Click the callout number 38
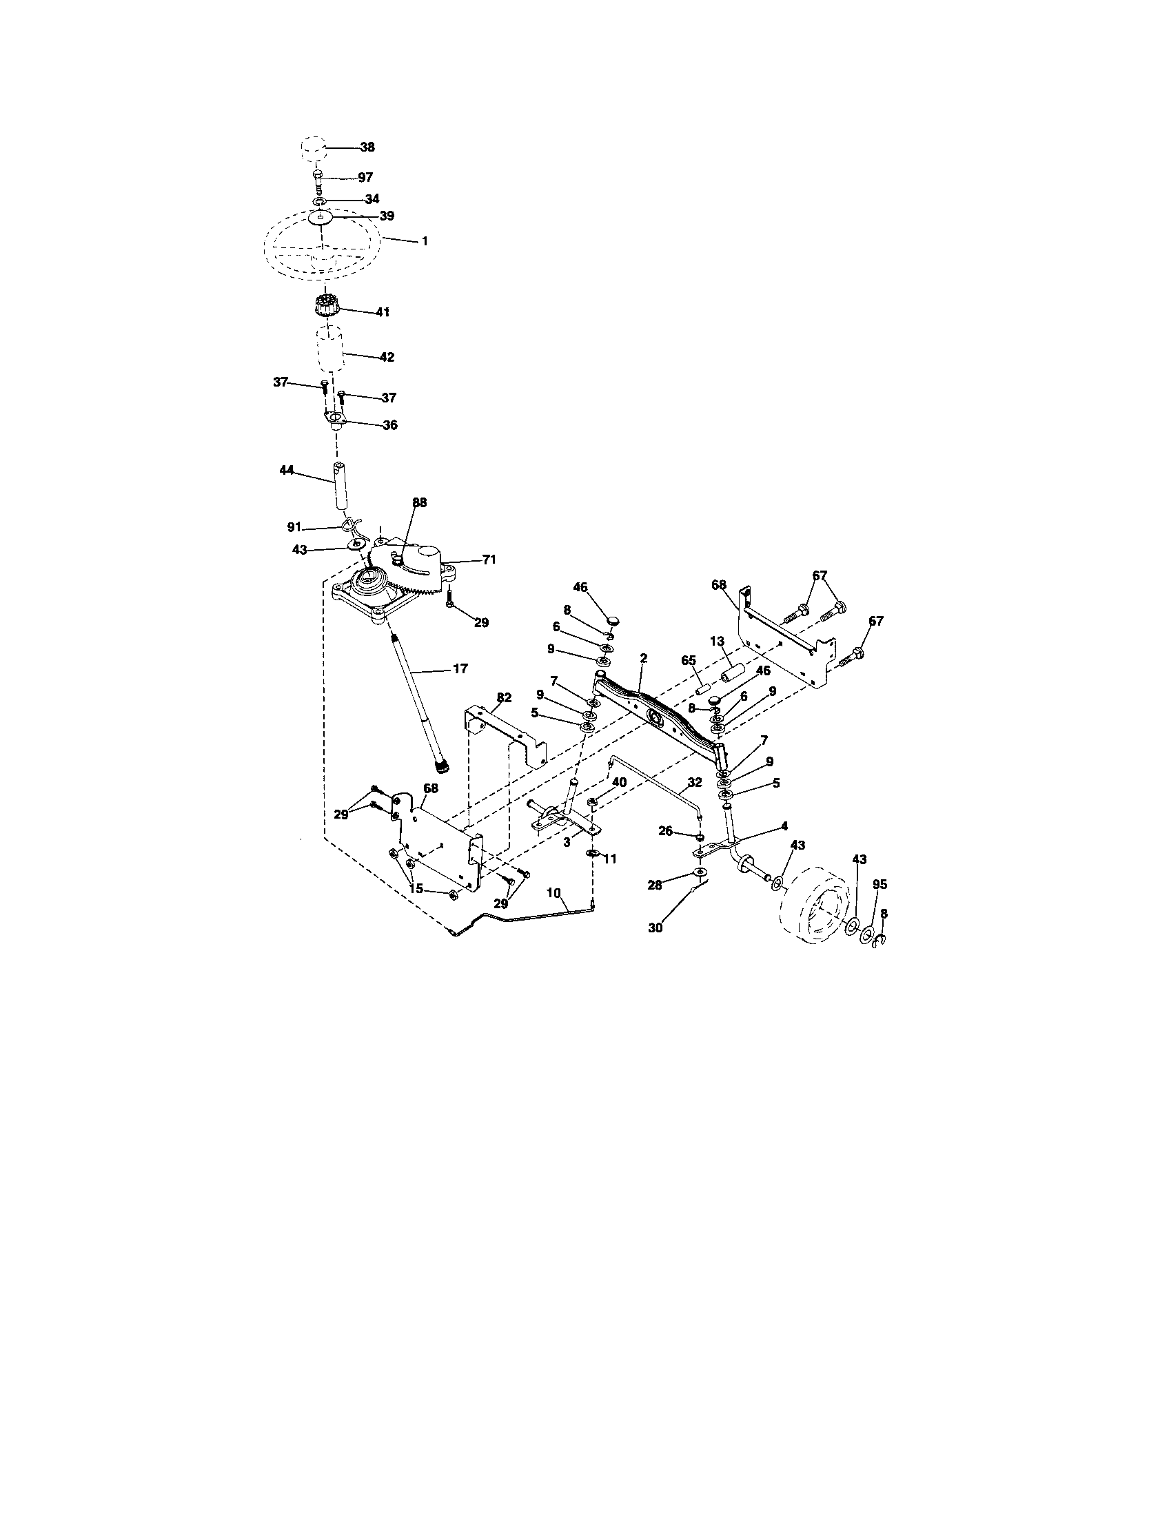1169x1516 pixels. coord(367,147)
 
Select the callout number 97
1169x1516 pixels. coord(365,178)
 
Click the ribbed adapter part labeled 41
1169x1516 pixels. coord(324,304)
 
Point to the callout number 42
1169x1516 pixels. coord(387,357)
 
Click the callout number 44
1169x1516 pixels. coord(286,470)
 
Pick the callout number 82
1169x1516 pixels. coord(504,696)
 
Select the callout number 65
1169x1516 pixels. coord(688,660)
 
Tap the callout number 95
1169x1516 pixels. coord(880,884)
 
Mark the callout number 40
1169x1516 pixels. coord(618,781)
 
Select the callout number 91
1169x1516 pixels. coord(294,528)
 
